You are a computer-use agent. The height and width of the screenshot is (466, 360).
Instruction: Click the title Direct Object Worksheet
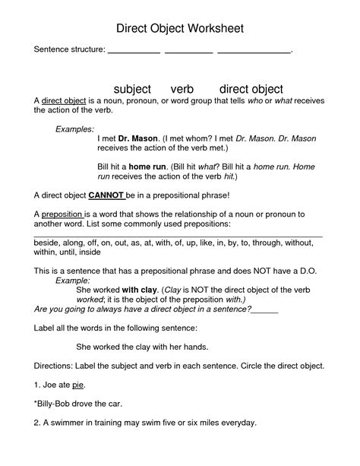(x=180, y=28)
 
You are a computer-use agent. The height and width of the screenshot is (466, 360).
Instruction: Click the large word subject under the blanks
(x=132, y=90)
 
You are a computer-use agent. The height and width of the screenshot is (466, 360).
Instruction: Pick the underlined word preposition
(x=62, y=215)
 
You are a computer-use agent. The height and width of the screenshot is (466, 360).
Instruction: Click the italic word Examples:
(x=74, y=129)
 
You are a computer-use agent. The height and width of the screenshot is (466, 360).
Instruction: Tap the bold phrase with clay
(x=139, y=290)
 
